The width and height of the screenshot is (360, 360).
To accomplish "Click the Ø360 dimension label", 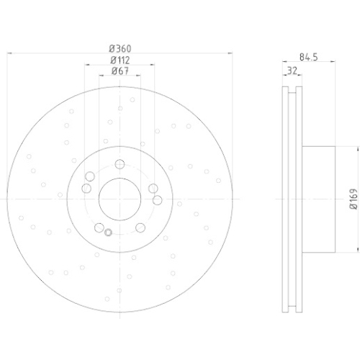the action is (120, 49).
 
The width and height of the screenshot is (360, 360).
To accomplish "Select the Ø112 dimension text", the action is (120, 60).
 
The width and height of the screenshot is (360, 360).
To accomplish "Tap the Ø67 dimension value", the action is (120, 71).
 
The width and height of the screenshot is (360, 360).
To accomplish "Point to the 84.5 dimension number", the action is (309, 57).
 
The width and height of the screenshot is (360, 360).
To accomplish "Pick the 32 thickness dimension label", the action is (292, 71).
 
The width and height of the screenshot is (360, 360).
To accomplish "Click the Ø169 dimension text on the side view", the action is (354, 199).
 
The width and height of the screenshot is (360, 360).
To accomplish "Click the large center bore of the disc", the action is (120, 199).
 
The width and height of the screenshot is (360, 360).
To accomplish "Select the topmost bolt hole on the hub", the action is (120, 164).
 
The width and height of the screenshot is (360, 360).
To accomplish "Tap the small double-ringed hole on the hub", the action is (108, 233).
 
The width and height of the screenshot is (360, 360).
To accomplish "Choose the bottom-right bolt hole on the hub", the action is (140, 228).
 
